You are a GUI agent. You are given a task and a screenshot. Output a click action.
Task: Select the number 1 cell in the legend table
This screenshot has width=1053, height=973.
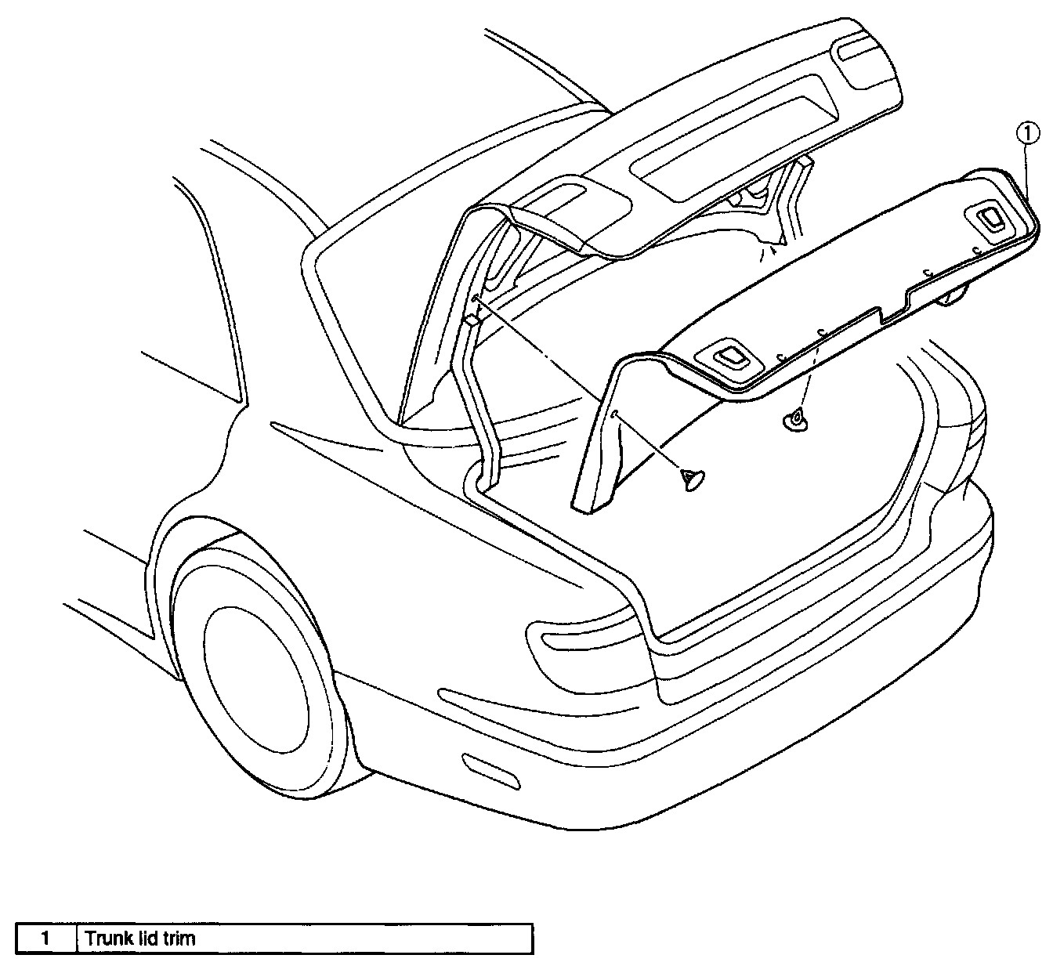[x=46, y=939]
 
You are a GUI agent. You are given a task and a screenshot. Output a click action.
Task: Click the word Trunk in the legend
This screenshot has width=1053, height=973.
[x=106, y=939]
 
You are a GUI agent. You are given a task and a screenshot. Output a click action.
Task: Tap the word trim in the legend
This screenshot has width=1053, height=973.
[x=179, y=939]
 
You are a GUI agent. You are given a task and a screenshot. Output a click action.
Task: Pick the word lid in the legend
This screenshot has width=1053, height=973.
[x=145, y=939]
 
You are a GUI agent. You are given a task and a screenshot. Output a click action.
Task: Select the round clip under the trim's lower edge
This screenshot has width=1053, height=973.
[x=794, y=420]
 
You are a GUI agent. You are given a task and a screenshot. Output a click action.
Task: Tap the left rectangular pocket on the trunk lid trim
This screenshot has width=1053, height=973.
[x=729, y=356]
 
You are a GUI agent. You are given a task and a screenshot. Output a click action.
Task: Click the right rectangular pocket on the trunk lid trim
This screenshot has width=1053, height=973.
[x=993, y=220]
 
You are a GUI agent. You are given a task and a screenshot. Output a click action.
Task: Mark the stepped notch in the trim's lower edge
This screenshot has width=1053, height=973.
[x=893, y=308]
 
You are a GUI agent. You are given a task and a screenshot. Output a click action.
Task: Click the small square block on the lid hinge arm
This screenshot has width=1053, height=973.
[x=471, y=320]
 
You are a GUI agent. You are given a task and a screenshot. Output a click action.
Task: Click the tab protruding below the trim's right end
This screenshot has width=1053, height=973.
[x=954, y=296]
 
